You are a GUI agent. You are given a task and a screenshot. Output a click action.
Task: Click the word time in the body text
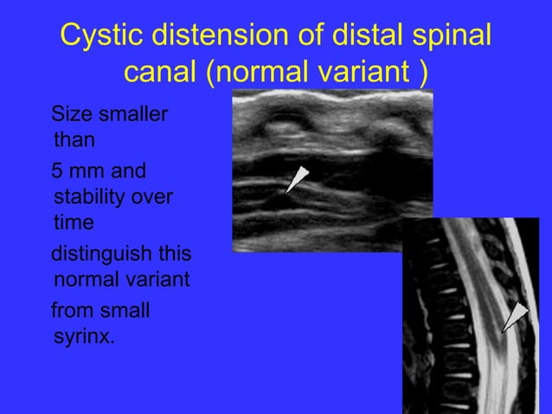[73, 222]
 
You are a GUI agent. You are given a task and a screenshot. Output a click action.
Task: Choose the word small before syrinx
[124, 310]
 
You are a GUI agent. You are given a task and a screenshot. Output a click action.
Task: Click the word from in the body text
[72, 310]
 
